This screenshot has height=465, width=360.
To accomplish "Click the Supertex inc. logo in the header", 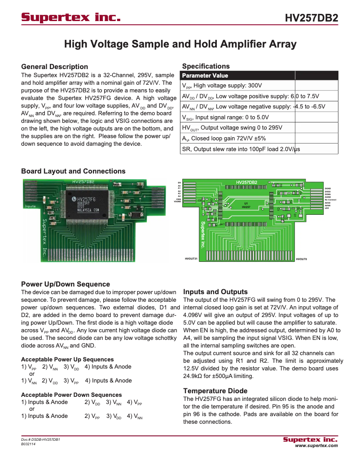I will (x=71, y=18).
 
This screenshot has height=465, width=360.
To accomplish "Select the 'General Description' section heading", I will (x=54, y=66).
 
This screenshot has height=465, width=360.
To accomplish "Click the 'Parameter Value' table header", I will (x=205, y=75).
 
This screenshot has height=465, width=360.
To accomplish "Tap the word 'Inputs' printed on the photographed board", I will (x=30, y=206).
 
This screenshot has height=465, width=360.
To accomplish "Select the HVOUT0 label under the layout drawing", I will (x=301, y=259).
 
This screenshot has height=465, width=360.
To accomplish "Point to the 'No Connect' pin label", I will (x=330, y=200).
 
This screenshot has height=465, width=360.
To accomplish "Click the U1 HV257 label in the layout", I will (x=246, y=205).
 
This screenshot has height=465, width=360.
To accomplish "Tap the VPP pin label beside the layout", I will (x=327, y=209).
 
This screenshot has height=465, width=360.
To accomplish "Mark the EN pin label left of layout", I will (x=179, y=183).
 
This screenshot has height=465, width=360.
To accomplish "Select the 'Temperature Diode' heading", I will (x=215, y=391).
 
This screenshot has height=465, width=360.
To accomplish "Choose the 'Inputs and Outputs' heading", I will (x=215, y=291).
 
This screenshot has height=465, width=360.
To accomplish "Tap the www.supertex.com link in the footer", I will (x=316, y=446).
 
